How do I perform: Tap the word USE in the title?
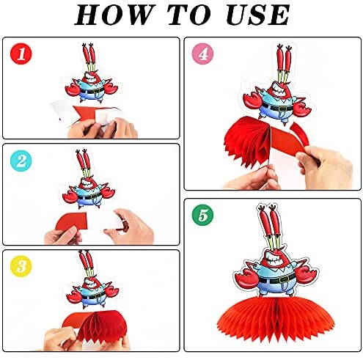tap(258, 15)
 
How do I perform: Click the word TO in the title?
tap(189, 15)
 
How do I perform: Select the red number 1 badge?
tap(21, 54)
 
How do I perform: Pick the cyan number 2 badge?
tap(21, 161)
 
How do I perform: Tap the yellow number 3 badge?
tap(21, 266)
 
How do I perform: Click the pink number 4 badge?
tap(202, 54)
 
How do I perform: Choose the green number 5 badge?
tap(202, 215)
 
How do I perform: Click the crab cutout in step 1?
tap(92, 73)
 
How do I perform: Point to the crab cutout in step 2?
tap(88, 180)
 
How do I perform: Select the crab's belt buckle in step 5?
tap(284, 279)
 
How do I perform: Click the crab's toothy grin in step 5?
tap(275, 260)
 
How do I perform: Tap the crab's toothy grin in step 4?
tap(279, 90)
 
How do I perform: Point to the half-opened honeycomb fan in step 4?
tap(247, 141)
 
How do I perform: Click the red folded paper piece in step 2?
tap(72, 221)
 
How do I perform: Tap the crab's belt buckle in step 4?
tap(282, 109)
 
